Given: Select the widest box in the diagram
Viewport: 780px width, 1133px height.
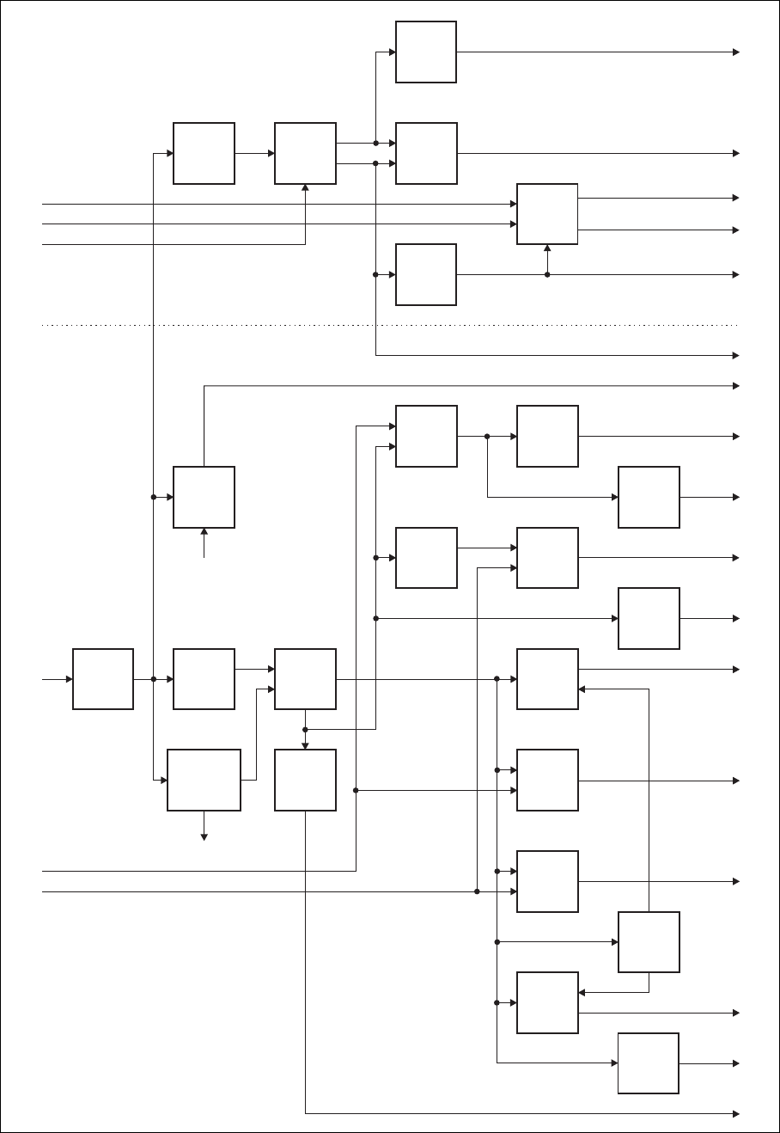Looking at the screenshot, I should [204, 780].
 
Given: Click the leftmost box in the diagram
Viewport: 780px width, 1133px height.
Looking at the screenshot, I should [103, 679].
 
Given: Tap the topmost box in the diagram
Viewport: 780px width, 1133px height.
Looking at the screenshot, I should [426, 52].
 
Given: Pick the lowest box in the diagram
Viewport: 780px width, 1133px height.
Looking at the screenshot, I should [649, 1063].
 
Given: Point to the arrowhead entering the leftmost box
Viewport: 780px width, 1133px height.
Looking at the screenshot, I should [69, 679].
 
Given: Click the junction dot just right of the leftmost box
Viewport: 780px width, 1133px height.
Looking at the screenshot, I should [154, 679].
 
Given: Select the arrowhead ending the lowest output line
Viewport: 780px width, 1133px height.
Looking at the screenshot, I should [735, 1113].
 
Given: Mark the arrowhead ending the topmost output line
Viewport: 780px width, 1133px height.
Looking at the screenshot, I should [735, 52].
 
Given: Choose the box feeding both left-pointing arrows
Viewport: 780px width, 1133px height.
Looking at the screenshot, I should [649, 942].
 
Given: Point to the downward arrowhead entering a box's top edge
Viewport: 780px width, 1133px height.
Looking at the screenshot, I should [305, 745].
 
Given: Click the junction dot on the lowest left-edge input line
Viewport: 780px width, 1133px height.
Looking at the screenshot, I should [477, 891].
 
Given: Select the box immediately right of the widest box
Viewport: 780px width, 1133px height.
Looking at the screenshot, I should [305, 780].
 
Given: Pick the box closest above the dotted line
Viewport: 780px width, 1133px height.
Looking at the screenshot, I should [426, 274].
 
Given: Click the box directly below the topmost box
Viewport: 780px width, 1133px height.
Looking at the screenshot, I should [426, 153].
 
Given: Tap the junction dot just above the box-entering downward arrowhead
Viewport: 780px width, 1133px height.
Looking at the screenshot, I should [305, 729].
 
